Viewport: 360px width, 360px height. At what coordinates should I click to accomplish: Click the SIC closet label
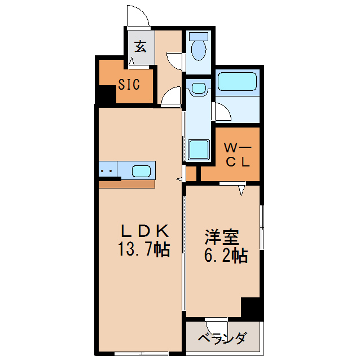[x=128, y=85]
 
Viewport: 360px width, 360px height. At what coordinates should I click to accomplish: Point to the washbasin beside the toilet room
[x=199, y=88]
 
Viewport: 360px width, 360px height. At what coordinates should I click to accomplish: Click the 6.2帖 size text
[x=224, y=256]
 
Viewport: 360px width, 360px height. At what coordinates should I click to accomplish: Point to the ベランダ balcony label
[x=223, y=339]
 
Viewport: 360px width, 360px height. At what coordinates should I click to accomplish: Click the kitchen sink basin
[x=142, y=170]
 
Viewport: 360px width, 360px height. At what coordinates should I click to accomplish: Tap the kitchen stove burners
[x=107, y=170]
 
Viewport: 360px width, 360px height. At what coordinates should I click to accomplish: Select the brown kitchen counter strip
[x=126, y=184]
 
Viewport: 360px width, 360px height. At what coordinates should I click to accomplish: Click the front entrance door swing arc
[x=138, y=15]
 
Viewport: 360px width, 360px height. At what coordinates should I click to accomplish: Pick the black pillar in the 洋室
[x=252, y=308]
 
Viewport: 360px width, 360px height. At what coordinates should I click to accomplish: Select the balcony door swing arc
[x=217, y=327]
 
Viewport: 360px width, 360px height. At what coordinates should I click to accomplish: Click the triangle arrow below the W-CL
[x=242, y=191]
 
